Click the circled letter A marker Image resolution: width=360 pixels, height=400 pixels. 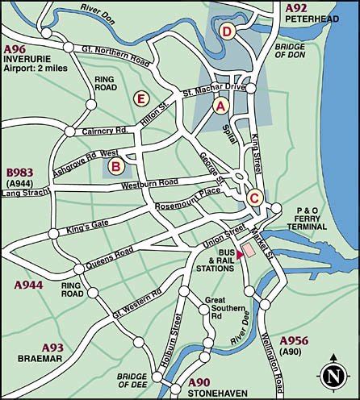click(x=220, y=105)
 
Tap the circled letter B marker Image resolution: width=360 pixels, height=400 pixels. click(x=116, y=167)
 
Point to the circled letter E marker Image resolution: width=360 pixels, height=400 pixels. click(x=140, y=98)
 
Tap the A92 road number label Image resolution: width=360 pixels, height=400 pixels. click(x=297, y=7)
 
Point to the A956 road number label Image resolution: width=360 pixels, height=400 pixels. click(x=296, y=340)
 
